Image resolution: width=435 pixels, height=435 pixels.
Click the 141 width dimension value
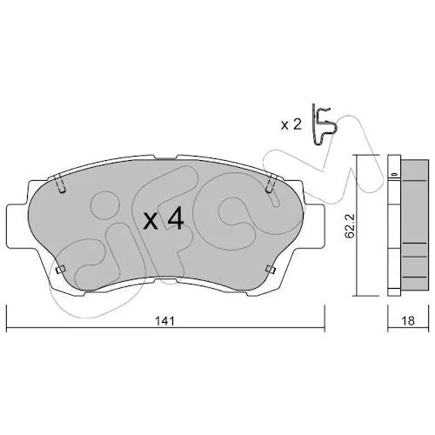point(165,321)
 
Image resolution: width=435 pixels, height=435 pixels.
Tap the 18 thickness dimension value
point(409,320)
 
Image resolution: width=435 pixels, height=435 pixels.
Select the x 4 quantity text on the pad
point(164,219)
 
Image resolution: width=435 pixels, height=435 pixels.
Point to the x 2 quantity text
point(291,125)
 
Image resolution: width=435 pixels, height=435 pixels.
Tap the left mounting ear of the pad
point(18,226)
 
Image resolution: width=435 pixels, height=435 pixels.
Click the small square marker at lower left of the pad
point(60,270)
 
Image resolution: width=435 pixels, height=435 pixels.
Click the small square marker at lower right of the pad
point(271,270)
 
